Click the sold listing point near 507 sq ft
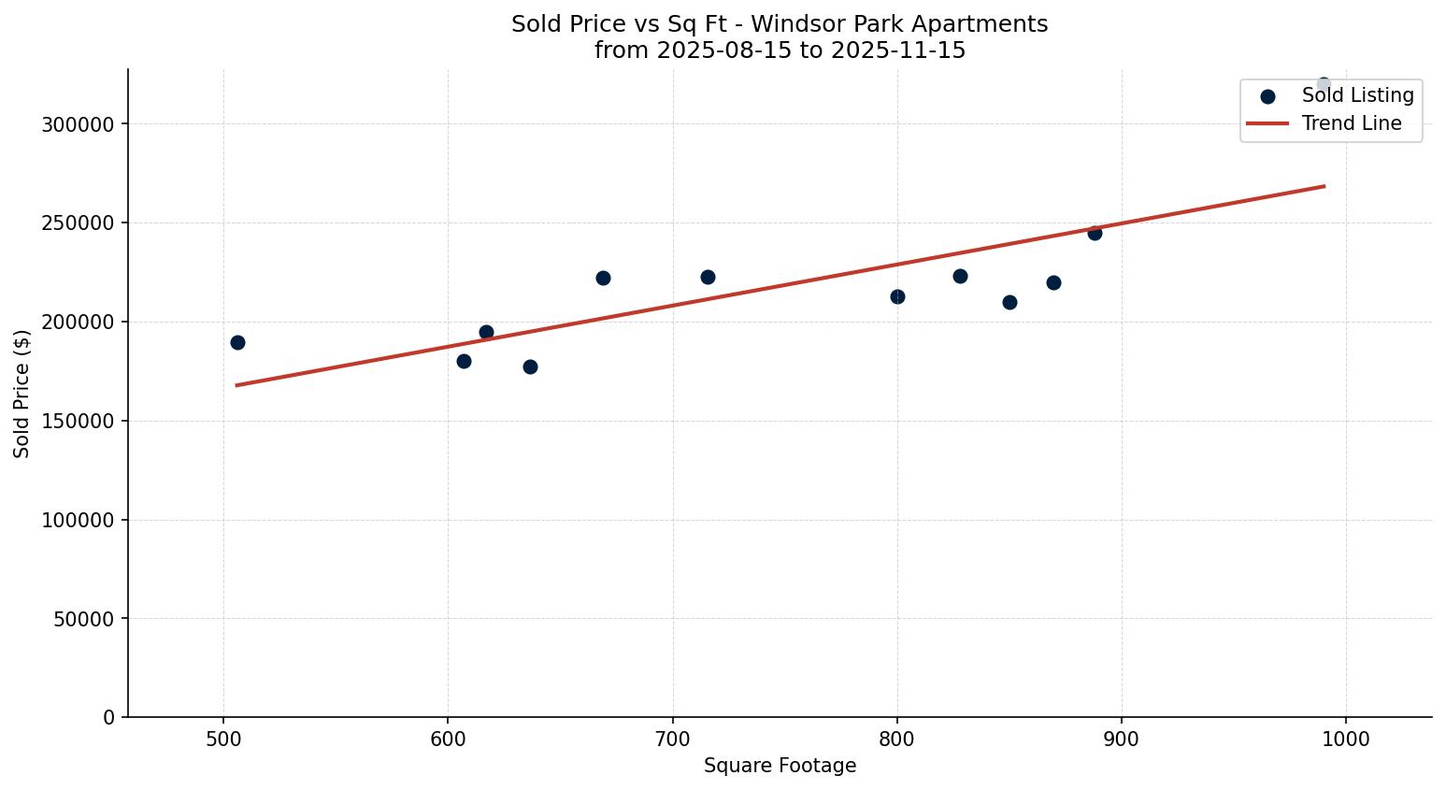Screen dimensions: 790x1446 (x=237, y=342)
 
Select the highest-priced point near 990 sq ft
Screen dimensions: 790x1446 (x=1324, y=85)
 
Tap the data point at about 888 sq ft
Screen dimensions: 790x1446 (x=1095, y=233)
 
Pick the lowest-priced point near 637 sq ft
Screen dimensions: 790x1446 (x=530, y=366)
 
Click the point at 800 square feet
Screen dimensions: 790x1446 (x=897, y=296)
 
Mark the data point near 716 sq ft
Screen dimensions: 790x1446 (x=708, y=277)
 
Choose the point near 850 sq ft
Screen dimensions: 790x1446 (x=1009, y=302)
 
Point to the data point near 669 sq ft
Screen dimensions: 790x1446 (x=603, y=278)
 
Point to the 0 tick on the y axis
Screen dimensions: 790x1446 (x=108, y=717)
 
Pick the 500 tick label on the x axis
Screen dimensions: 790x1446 (x=223, y=740)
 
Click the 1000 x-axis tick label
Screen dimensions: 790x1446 (x=1346, y=740)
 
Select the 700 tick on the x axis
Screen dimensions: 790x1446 (x=672, y=740)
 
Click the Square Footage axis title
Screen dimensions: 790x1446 (x=780, y=767)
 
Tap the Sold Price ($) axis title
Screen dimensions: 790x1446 (x=22, y=394)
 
